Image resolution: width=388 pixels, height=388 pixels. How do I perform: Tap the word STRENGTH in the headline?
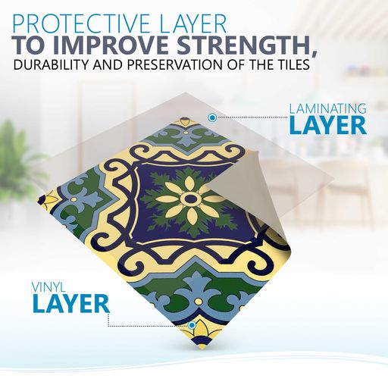click(245, 45)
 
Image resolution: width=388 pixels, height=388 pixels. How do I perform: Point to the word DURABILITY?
click(50, 64)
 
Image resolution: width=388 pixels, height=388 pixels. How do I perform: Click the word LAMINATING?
click(327, 109)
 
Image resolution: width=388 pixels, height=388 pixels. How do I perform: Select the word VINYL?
click(48, 287)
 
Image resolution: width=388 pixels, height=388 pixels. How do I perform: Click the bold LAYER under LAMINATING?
click(328, 125)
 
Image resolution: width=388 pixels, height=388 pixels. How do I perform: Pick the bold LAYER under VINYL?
click(71, 303)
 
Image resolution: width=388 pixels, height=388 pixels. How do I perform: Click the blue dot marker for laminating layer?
click(212, 117)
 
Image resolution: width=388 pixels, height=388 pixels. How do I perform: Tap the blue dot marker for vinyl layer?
click(192, 325)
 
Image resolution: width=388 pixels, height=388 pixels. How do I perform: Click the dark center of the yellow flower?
click(190, 199)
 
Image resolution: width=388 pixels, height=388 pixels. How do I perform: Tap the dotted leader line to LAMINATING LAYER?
click(252, 117)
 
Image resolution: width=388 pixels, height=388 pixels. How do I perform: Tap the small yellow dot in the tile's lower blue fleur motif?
click(199, 302)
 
